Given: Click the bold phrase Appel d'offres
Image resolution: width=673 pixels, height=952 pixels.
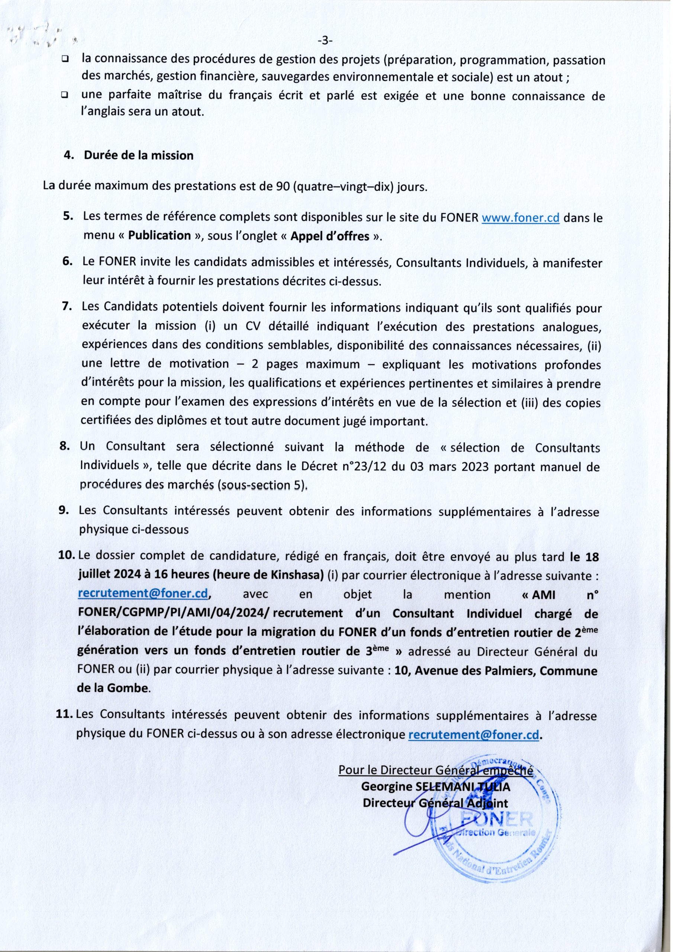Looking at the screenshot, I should tap(330, 237).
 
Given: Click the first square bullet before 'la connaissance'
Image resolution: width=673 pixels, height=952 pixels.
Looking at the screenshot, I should tap(65, 60).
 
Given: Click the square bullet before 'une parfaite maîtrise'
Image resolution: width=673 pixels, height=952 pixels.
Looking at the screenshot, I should tap(65, 95).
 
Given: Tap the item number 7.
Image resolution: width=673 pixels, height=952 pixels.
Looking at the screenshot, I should tap(67, 308).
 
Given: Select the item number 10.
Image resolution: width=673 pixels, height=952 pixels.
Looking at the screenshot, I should tap(68, 557).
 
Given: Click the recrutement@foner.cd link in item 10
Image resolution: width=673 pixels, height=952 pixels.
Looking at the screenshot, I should tap(143, 594).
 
